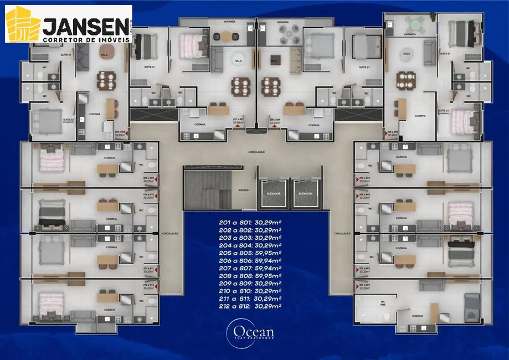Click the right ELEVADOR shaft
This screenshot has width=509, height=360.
tap(305, 193)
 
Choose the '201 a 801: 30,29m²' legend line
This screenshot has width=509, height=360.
tap(250, 223)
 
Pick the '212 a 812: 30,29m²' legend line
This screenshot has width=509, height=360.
tap(250, 305)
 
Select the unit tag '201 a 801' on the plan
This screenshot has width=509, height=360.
tap(362, 286)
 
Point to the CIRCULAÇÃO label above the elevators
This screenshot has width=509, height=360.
tap(257, 152)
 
